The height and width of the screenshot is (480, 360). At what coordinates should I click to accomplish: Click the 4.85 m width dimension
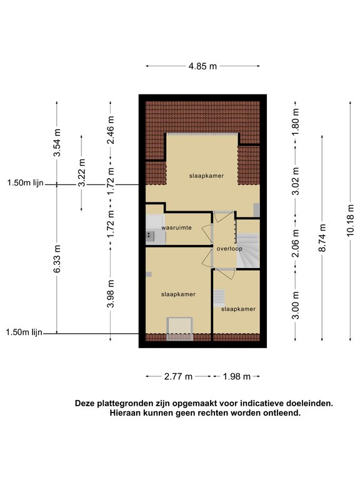tap(202, 66)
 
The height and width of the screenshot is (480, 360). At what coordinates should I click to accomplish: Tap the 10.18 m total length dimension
tap(350, 221)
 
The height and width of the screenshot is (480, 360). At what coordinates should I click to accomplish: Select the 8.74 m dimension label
tap(322, 238)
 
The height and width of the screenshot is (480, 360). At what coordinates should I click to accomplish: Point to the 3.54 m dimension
tap(57, 142)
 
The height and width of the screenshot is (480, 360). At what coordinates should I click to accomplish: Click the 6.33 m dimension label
tap(57, 259)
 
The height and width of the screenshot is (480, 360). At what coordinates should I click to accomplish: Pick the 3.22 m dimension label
tap(81, 172)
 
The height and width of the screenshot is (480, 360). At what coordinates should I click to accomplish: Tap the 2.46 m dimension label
tap(111, 130)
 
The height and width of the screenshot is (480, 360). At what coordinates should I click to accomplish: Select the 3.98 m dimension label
tap(111, 294)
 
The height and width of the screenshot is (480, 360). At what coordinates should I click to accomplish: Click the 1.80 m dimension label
tap(295, 122)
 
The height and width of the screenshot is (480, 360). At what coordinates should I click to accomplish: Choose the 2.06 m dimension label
tap(295, 243)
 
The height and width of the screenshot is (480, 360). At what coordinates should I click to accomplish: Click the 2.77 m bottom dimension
tap(178, 376)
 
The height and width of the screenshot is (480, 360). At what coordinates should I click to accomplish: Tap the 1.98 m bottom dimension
tap(237, 376)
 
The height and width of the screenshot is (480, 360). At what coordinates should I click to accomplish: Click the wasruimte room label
tap(177, 227)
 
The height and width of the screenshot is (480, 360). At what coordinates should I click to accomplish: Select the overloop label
tap(229, 249)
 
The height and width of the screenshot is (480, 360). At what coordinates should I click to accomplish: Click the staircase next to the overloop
tap(248, 251)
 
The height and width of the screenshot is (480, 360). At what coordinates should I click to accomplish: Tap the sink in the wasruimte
tap(150, 236)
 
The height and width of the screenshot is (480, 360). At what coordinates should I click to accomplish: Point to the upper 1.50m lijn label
tap(26, 183)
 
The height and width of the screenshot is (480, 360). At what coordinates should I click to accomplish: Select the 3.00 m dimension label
tap(295, 305)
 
